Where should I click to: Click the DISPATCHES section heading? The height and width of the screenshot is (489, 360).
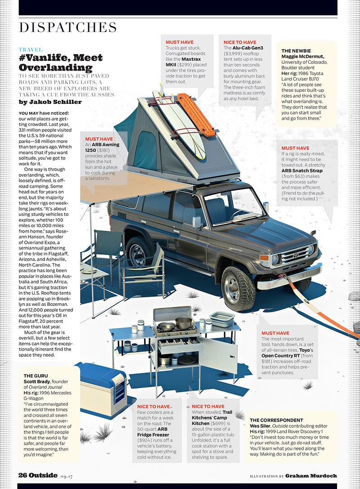pyautogui.click(x=67, y=27)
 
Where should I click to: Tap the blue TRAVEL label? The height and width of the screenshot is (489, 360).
pyautogui.click(x=31, y=49)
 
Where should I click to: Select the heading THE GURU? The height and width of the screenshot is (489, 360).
pyautogui.click(x=36, y=375)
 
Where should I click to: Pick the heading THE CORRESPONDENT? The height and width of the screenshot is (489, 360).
pyautogui.click(x=279, y=420)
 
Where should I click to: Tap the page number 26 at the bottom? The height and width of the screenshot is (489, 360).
pyautogui.click(x=24, y=475)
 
